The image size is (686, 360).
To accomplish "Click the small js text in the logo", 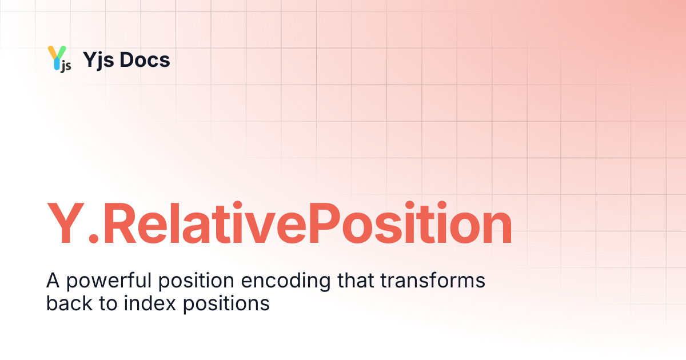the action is pos(66,66).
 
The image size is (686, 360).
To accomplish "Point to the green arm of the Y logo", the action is pos(62,52).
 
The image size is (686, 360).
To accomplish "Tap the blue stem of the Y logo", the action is pos(57,63).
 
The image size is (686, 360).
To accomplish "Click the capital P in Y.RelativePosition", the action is pos(324,222).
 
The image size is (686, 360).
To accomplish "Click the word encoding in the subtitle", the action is pos(286,281).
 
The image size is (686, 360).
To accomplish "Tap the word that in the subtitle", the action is pos(356,280).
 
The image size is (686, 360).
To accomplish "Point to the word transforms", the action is pos(433,280).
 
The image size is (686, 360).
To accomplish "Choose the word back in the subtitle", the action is pos(69,303).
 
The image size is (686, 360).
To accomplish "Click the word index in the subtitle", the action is pos(150,303).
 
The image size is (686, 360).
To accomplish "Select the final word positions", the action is pos(226,304).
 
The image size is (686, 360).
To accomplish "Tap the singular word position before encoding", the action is pos(196,281).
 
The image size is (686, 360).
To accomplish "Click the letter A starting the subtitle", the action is pos(53,281).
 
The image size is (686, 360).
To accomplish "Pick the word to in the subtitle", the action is pos(108,303).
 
